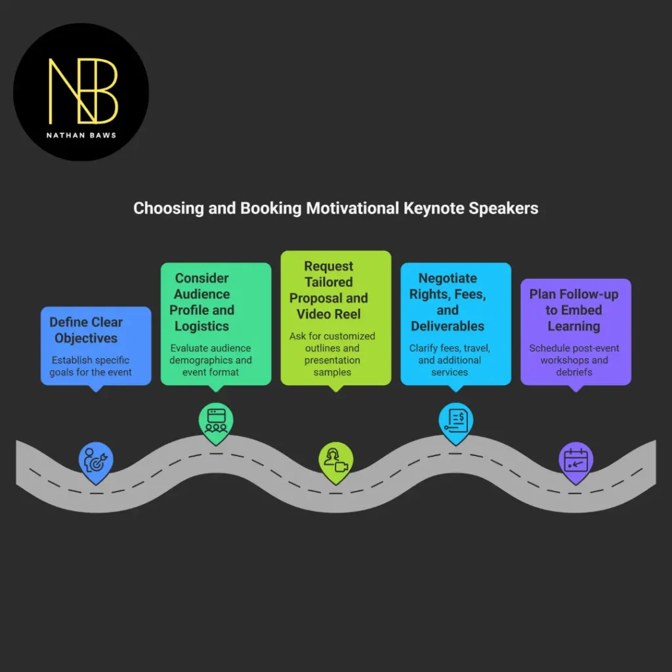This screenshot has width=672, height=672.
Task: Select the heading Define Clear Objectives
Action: pyautogui.click(x=86, y=330)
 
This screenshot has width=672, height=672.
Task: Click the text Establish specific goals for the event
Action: pyautogui.click(x=90, y=366)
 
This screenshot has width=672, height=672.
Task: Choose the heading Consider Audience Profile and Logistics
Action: pyautogui.click(x=201, y=302)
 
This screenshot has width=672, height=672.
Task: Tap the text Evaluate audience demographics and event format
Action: pyautogui.click(x=211, y=360)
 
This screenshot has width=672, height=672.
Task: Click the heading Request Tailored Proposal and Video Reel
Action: pyautogui.click(x=328, y=290)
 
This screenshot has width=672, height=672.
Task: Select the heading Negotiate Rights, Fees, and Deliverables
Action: pyautogui.click(x=448, y=302)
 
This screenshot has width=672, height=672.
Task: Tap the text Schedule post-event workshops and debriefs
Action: pyautogui.click(x=574, y=360)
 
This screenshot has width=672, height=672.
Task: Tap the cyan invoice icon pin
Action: pyautogui.click(x=455, y=421)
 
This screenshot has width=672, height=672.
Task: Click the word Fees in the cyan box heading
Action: pyautogui.click(x=471, y=294)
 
